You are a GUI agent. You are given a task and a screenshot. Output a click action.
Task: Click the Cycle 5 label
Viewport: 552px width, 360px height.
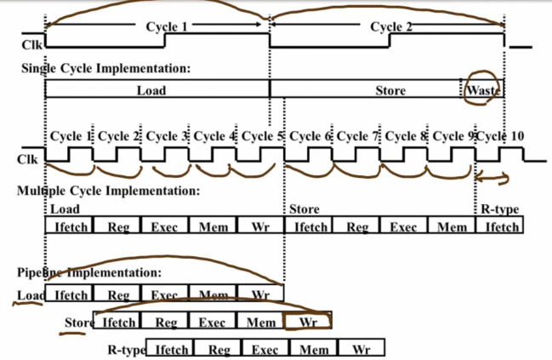[x=263, y=136]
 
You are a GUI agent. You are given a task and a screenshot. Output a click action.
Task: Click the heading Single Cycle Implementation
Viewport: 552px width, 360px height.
[x=105, y=68]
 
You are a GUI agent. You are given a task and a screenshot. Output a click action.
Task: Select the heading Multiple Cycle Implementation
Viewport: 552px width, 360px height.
[x=109, y=191]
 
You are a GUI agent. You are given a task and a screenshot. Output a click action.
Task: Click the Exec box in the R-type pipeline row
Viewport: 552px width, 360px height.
[x=265, y=349]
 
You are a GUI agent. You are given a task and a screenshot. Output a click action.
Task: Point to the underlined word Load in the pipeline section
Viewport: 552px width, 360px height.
[x=30, y=295]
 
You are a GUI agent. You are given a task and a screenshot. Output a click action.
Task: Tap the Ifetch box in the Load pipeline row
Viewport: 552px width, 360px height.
[x=69, y=295]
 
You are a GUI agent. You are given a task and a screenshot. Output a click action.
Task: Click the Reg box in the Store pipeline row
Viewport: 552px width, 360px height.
[x=166, y=323]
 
